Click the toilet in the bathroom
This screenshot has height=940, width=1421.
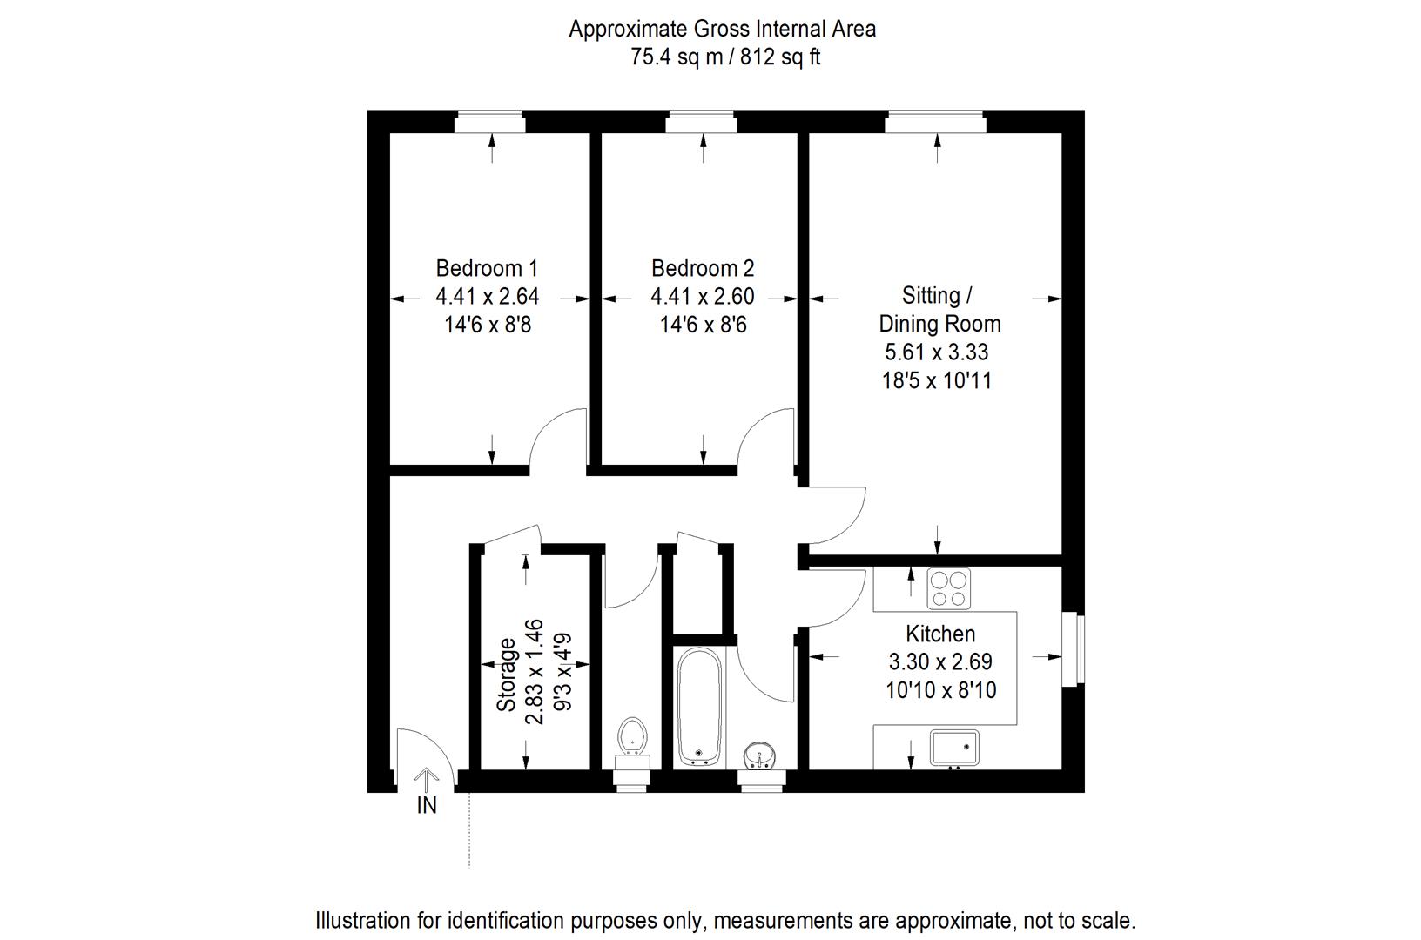(x=632, y=738)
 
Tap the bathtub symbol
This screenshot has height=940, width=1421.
(x=699, y=706)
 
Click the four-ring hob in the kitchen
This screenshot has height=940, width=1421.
(x=949, y=587)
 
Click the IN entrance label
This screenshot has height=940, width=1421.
(x=427, y=806)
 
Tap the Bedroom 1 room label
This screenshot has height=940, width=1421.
(x=487, y=268)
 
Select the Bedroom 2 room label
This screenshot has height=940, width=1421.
(x=703, y=268)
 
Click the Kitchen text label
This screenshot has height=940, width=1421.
(x=940, y=634)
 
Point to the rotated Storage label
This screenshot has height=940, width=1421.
(x=506, y=675)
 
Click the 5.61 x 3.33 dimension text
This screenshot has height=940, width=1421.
(x=937, y=352)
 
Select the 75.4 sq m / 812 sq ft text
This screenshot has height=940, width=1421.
(x=725, y=57)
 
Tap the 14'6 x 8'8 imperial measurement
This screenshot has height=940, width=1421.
(x=487, y=326)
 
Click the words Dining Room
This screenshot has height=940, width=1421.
(x=940, y=324)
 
